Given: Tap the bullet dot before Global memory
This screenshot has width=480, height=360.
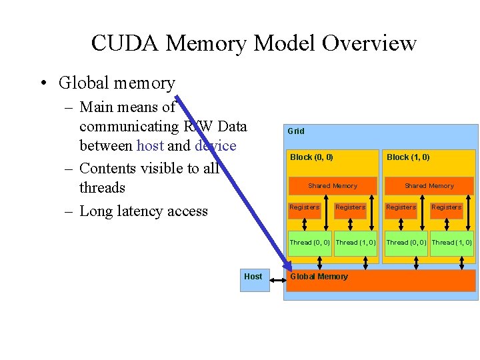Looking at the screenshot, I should [43, 83].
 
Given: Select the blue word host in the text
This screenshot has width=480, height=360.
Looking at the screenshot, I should [150, 146].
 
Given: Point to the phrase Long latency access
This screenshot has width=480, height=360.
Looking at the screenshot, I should [143, 211].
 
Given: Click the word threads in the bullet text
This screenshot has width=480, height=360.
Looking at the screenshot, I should [102, 187].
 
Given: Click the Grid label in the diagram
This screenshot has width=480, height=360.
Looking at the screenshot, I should [295, 131].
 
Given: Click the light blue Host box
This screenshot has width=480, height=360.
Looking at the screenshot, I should [253, 277].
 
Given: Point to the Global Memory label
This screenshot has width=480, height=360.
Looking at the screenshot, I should [319, 277].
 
